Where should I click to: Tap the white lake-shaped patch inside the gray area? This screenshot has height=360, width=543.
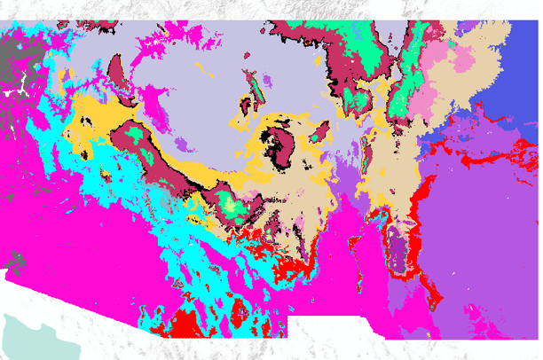tap(13, 90)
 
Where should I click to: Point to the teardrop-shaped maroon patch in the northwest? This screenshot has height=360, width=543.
tap(116, 71)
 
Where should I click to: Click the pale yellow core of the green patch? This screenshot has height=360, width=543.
tap(232, 206)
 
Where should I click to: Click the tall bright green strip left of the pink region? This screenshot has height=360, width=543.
tap(413, 71)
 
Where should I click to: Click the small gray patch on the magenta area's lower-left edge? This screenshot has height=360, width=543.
tap(11, 262)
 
